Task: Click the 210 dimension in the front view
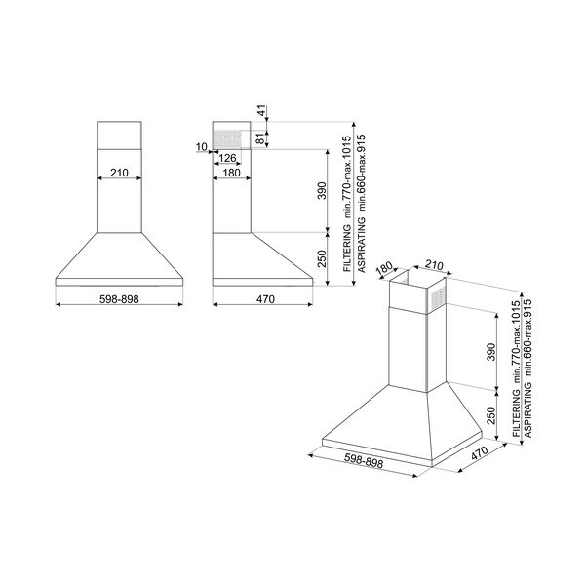(x=119, y=173)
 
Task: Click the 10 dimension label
(x=201, y=147)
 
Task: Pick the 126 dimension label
(x=229, y=158)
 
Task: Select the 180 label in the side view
(x=231, y=173)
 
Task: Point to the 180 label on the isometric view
(x=384, y=268)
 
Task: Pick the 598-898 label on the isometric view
(x=363, y=463)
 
